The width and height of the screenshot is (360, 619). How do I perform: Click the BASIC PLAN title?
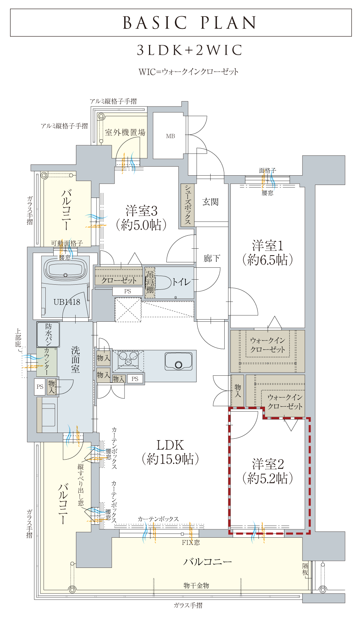[189, 23]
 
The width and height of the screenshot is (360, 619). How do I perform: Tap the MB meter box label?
[171, 136]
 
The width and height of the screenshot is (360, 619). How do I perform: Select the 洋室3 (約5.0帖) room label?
[141, 218]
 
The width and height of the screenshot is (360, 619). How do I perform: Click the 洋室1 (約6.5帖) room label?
[267, 253]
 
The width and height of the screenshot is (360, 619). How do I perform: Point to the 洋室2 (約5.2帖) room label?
[268, 471]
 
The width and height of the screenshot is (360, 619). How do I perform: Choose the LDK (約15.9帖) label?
[170, 452]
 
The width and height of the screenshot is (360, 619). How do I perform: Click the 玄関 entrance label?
[211, 202]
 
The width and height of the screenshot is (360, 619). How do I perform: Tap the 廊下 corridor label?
[212, 258]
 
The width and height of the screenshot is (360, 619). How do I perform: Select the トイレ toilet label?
[181, 282]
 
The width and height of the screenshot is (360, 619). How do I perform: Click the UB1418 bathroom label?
[67, 302]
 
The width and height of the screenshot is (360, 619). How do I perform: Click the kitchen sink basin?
[179, 361]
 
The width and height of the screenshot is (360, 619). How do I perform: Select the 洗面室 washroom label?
[75, 359]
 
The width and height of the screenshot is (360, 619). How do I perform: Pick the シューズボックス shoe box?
[188, 205]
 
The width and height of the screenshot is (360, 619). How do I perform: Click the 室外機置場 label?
[125, 132]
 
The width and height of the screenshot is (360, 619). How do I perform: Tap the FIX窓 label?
[191, 542]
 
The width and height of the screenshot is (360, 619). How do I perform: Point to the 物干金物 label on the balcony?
[196, 586]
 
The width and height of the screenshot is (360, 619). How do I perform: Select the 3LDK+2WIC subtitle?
[189, 50]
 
